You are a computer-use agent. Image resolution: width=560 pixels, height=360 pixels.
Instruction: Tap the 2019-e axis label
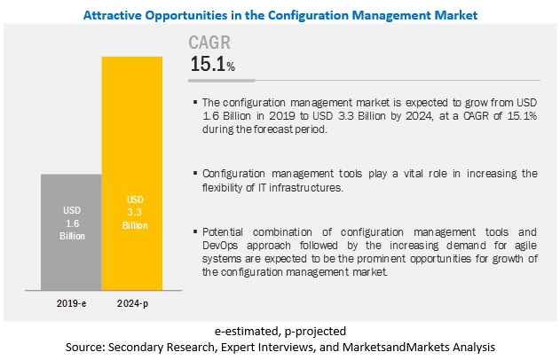point(70,302)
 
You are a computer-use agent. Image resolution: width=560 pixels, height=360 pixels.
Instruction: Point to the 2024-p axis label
point(132,302)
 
